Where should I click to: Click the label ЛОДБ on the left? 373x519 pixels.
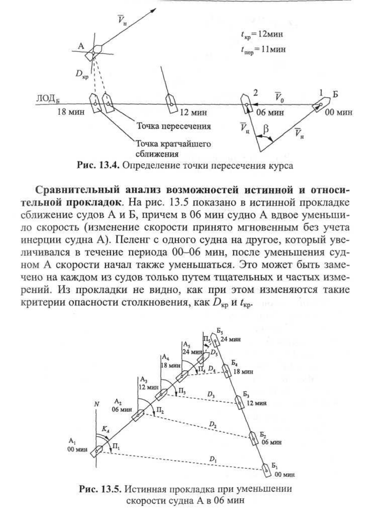[x=46, y=99]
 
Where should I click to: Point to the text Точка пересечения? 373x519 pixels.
[x=174, y=126]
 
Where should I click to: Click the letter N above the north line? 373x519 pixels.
[x=96, y=404]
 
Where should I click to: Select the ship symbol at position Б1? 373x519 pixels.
[x=267, y=470]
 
